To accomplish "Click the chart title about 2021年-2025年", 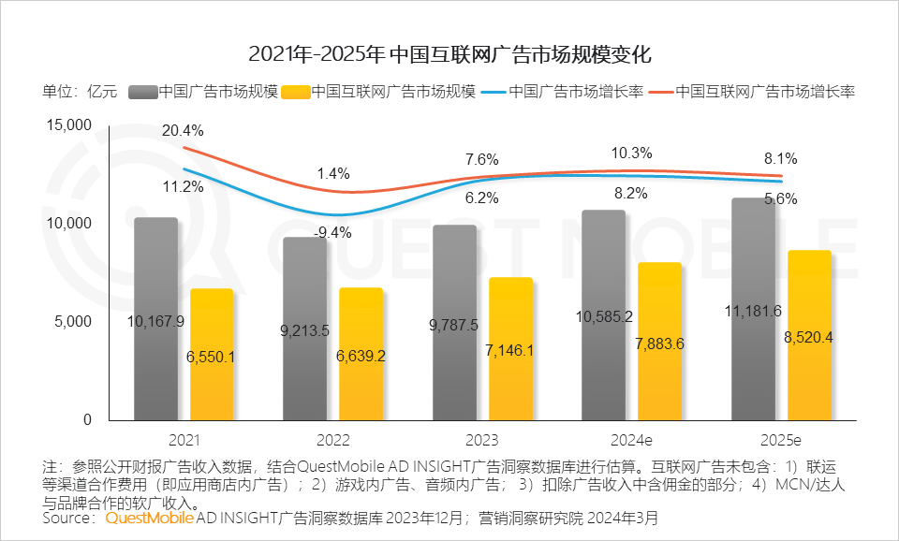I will coord(449,53).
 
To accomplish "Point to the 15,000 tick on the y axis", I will coord(68,125).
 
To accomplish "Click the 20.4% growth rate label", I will coord(181,130).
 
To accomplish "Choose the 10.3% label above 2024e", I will coord(632,153).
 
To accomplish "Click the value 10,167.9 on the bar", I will coord(155,321).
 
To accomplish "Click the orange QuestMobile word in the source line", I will coord(151,518).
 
